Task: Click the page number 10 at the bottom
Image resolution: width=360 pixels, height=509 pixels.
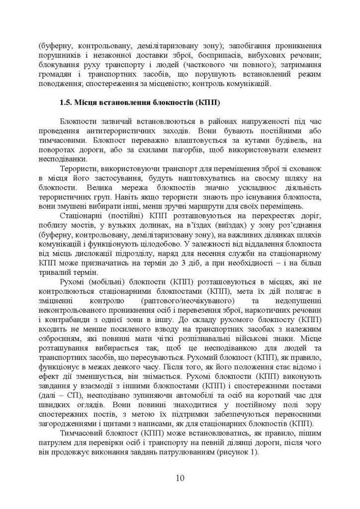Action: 180,478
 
